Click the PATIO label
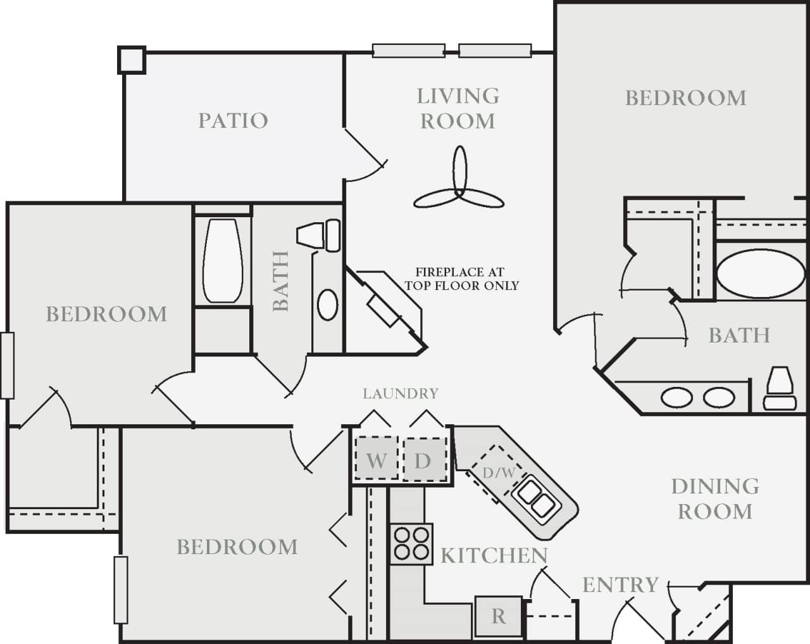[233, 120]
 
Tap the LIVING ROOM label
[458, 108]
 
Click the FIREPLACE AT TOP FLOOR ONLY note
[461, 279]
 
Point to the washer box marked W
[376, 460]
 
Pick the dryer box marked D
[422, 460]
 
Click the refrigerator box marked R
[499, 616]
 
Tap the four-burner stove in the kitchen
[411, 543]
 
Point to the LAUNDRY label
[400, 394]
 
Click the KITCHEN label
[494, 555]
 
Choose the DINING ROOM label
[715, 498]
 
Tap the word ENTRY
[620, 585]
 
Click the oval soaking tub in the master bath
[762, 274]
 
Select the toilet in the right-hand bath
[780, 388]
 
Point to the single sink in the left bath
[327, 305]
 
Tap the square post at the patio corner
[132, 60]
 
